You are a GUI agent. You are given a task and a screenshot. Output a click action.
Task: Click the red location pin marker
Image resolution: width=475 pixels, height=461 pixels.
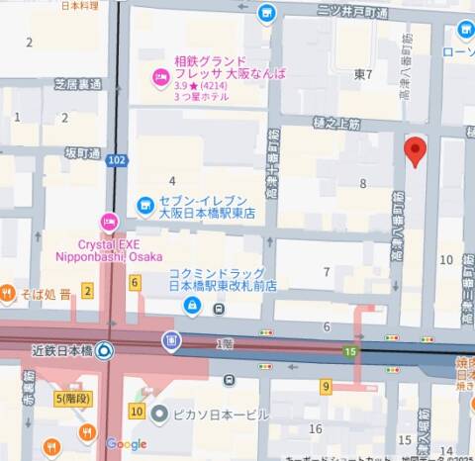coord(417,151)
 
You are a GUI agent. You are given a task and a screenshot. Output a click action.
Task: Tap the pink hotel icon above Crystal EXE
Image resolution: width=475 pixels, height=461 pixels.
coord(109,222)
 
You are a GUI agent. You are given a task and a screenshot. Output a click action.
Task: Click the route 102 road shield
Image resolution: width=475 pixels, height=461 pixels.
coord(117,160)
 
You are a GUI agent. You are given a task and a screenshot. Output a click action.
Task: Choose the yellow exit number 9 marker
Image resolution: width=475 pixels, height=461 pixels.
coord(326,387)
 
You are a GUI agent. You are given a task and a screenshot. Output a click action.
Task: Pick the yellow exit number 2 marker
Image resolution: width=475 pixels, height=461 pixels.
coord(87,290)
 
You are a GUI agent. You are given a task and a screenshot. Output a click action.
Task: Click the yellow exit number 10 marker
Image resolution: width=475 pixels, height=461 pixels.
coord(137,411)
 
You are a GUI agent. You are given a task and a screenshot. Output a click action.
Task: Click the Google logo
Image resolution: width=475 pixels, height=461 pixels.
coord(127,444)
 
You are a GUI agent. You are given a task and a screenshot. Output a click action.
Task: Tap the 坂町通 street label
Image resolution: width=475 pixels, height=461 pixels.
coord(83,153)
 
